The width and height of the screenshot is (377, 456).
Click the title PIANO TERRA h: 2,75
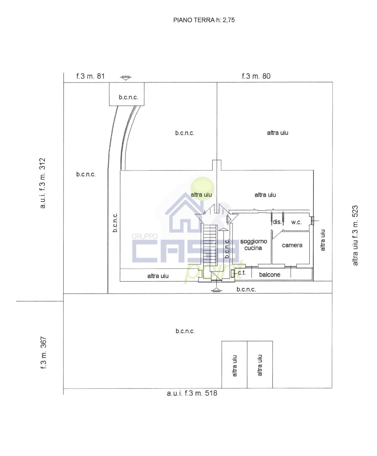204,20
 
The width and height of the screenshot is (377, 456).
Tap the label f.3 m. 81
90,76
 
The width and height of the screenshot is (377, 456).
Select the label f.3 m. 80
256,76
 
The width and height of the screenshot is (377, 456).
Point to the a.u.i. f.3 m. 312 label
43,183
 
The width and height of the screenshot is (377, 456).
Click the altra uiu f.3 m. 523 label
355,235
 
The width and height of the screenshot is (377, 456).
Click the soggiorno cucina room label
253,245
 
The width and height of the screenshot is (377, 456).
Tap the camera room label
292,245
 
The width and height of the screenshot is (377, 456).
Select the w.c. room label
296,222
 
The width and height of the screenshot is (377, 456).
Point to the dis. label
277,222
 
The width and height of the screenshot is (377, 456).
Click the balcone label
269,274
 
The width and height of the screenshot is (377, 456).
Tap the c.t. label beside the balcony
242,273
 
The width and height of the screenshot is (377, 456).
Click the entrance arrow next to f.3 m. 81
126,78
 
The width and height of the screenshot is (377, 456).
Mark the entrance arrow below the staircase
216,290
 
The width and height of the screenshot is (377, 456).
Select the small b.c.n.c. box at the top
127,94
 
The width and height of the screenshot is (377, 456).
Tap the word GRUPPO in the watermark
145,236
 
